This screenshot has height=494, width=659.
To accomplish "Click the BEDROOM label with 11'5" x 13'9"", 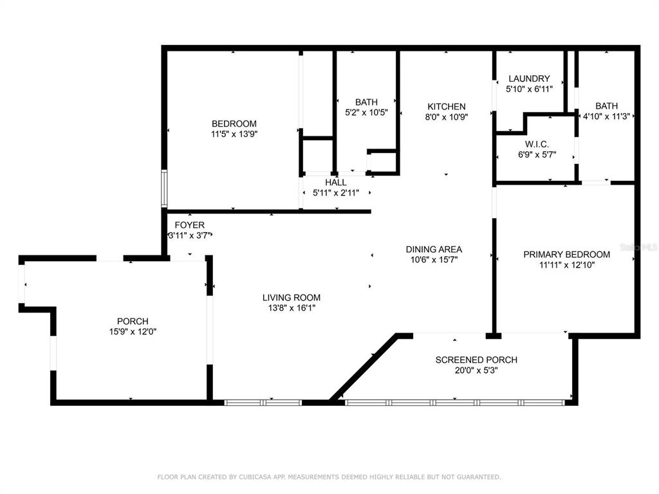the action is pos(234,124).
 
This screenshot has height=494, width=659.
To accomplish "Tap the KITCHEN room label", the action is pos(447,107).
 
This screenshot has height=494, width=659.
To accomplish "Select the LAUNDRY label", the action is pos(529,78).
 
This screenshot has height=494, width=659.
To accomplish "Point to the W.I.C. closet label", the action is pos(537,145).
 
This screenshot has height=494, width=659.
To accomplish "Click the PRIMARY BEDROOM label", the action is pos(566,255).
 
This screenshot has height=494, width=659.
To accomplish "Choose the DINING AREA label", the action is pos(434,250).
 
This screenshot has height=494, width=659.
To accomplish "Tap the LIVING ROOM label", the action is pos(292,298).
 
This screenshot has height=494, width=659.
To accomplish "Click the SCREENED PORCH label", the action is pos(476,360).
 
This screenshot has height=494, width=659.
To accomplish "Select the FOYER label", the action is pos(190,225).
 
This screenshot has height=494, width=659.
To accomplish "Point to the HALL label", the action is pos(336,183).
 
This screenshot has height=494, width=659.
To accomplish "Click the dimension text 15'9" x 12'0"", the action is pos(133,332).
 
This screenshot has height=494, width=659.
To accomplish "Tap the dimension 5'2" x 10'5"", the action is pos(366,113).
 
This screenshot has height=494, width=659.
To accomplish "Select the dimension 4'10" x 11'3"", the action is pos(606,116).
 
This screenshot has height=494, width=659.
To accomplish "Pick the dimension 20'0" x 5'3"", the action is pos(476,370).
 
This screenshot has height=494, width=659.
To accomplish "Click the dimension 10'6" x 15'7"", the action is pos(434,260).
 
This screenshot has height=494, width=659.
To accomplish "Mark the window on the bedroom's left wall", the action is pos(164,188).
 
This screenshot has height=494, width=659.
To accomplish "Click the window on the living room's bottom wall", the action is pos(263,403).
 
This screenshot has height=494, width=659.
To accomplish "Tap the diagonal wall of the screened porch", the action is pos(364,367).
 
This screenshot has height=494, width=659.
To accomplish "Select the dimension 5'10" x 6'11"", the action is pos(529,89).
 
